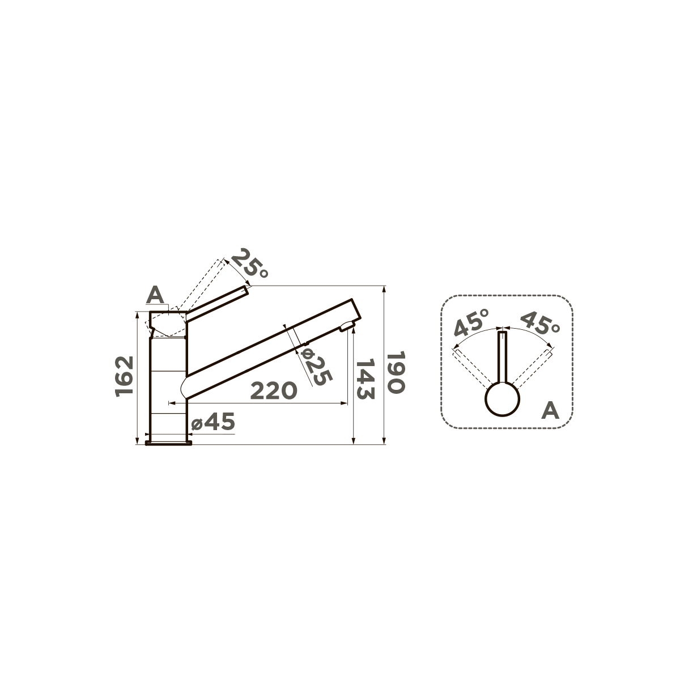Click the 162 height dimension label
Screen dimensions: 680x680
click(125, 376)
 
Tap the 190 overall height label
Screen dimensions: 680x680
click(396, 372)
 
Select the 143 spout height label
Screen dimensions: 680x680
click(365, 379)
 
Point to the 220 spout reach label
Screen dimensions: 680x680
click(274, 390)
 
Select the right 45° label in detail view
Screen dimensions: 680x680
click(540, 322)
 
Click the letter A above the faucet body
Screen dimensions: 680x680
click(156, 295)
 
